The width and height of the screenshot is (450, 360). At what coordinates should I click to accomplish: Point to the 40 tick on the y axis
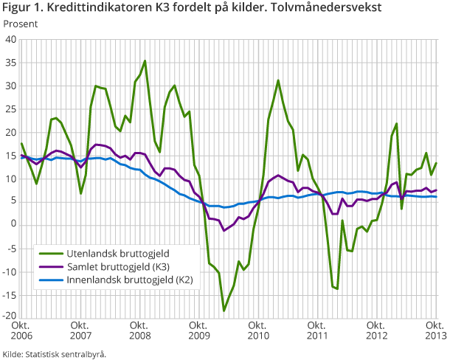coord(12,40)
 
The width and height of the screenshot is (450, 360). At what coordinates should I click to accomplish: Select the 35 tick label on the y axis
coord(12,63)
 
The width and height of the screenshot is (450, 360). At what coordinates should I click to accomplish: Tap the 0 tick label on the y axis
coord(14,224)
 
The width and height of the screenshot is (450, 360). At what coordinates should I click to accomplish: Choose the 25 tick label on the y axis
coord(12,109)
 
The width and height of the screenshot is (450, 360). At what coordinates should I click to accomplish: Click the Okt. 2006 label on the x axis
coord(21,330)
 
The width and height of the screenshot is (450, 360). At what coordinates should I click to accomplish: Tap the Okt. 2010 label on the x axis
coord(257,330)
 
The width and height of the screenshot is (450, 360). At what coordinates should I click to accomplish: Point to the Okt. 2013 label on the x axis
coord(435,330)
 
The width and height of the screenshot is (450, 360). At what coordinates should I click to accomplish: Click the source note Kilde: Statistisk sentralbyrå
coord(55,354)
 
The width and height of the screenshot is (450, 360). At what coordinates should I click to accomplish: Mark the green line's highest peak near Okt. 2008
coord(145,61)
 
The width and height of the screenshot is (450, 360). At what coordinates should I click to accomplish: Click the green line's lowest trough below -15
coord(224,311)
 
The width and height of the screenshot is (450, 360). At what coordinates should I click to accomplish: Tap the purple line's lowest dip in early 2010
coord(224,231)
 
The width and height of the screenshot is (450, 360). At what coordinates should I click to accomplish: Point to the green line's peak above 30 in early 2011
coord(278,80)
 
